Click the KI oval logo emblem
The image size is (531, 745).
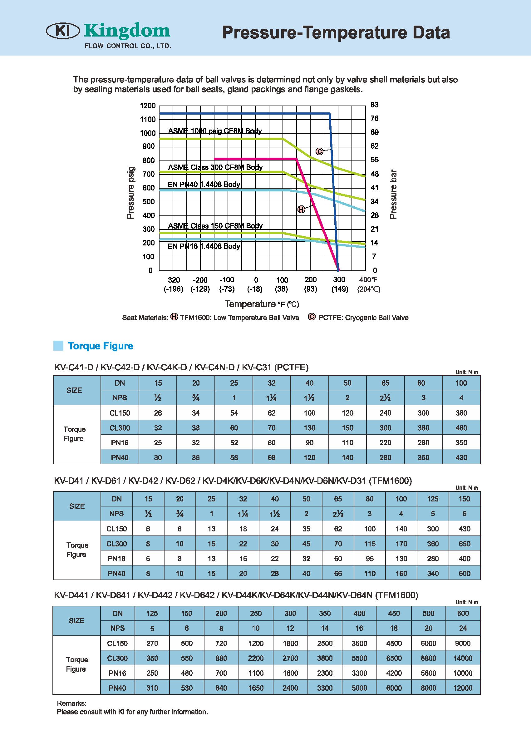tap(63, 32)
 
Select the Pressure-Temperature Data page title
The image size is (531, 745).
tap(336, 33)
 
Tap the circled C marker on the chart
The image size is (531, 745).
tap(319, 151)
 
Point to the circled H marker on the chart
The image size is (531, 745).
tap(301, 209)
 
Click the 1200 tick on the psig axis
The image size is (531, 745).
tap(148, 106)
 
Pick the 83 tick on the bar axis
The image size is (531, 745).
tap(374, 105)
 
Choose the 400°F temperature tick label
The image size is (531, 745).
tap(368, 280)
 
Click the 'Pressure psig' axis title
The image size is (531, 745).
tap(131, 193)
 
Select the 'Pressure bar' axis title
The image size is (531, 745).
tap(393, 194)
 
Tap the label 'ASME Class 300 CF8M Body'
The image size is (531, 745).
tap(215, 167)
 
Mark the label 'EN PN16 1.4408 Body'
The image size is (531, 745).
tap(204, 246)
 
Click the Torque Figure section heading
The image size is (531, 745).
tap(101, 346)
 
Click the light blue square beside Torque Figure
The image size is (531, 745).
tap(58, 346)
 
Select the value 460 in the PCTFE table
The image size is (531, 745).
tap(461, 428)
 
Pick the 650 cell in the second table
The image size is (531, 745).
tap(464, 544)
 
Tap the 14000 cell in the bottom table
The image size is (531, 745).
tap(463, 658)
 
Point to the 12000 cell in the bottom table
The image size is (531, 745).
tap(463, 688)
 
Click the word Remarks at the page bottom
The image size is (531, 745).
tap(71, 703)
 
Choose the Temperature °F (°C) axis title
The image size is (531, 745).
tap(262, 304)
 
